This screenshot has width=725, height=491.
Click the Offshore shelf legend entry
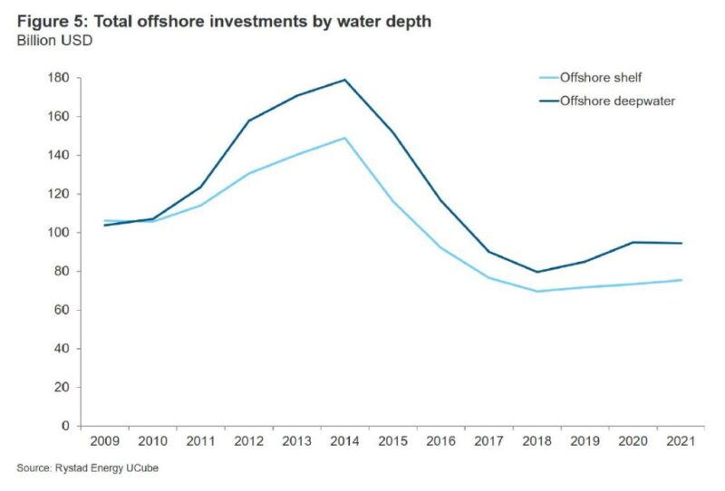pyautogui.click(x=599, y=78)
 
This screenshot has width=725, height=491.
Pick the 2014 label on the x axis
pyautogui.click(x=344, y=441)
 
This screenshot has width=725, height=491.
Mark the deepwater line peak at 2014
pyautogui.click(x=344, y=80)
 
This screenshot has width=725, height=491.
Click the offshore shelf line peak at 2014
pyautogui.click(x=344, y=138)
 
